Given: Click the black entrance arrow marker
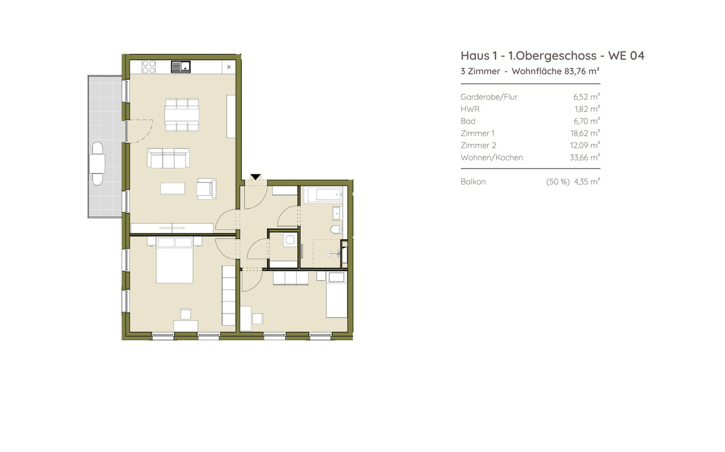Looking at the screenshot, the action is tap(256, 177).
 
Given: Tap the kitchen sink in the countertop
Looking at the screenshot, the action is tap(181, 67).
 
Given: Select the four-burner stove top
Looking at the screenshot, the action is tap(149, 67).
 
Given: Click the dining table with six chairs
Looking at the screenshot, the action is tap(182, 115).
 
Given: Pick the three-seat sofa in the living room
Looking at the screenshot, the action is tap(169, 159).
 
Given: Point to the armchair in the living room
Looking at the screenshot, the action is tap(207, 189).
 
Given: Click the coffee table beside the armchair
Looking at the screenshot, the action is tap(173, 188).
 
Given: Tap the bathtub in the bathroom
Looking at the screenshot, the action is tap(324, 195).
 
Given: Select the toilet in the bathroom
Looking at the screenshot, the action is tap(337, 229).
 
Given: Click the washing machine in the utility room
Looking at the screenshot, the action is tap(290, 240).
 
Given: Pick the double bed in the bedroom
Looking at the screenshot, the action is tap(175, 260).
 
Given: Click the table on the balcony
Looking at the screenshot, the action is tap(97, 164).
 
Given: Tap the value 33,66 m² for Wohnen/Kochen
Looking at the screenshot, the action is tap(585, 157).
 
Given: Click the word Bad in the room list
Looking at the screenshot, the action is tap(468, 121).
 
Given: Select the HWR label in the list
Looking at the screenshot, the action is tap(470, 109).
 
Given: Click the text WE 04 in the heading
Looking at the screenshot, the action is tap(627, 56).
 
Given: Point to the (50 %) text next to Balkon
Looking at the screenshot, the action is tap(558, 182).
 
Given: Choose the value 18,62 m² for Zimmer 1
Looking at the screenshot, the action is tap(585, 133).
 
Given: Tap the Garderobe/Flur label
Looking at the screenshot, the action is tap(489, 97).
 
